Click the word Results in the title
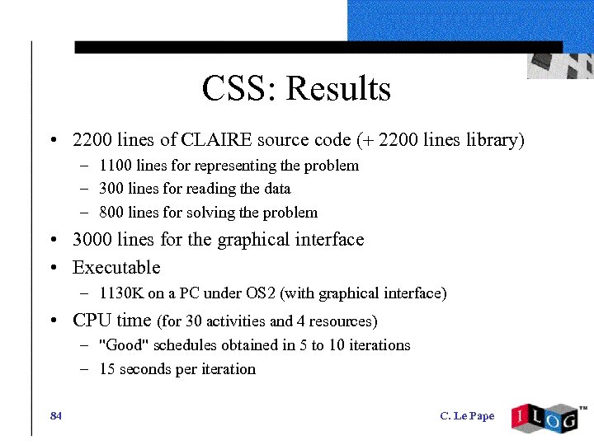pos(338,88)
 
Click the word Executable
pos(116,268)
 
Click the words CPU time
pos(112,320)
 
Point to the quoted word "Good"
pos(123,345)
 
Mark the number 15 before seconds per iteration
pos(106,369)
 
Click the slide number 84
pos(56,415)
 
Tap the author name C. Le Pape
pos(467,416)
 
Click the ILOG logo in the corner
pos(546,419)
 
